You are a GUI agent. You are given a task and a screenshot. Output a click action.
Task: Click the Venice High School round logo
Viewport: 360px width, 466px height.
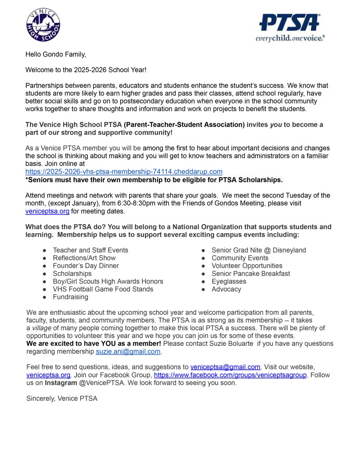coord(43,25)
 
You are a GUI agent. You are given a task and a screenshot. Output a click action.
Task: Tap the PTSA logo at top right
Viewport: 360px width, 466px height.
coord(289,27)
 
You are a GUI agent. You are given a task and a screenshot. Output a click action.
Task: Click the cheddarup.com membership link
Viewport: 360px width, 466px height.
coord(124,172)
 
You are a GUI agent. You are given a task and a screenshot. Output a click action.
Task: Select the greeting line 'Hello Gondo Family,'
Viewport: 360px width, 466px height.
coord(56,55)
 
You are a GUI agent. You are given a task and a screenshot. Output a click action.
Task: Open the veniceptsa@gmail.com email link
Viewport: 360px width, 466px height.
coord(225,367)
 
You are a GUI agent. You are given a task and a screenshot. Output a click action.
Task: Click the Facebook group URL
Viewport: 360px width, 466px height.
coord(230,375)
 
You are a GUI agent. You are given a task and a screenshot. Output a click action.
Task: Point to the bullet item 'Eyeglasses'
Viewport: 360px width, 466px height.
coord(228,282)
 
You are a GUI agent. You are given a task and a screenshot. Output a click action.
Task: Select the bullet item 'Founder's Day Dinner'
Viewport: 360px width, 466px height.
coord(86,266)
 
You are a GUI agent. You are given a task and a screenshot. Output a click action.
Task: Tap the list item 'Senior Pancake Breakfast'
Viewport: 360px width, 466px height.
coord(250,274)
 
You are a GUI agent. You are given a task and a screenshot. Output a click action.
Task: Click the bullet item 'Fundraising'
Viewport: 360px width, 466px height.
coord(71,297)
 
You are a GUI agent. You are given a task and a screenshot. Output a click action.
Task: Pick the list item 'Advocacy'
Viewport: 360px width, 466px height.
coord(226,289)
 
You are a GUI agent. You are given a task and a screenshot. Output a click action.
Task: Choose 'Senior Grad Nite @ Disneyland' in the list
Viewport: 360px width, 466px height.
coord(259,250)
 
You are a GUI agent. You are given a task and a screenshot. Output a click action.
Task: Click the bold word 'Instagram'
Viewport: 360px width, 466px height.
coord(61,383)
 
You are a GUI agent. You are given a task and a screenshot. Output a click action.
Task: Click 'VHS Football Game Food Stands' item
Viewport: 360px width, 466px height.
coord(103,289)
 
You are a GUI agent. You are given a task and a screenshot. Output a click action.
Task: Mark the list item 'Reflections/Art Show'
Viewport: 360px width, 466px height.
coord(84,258)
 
